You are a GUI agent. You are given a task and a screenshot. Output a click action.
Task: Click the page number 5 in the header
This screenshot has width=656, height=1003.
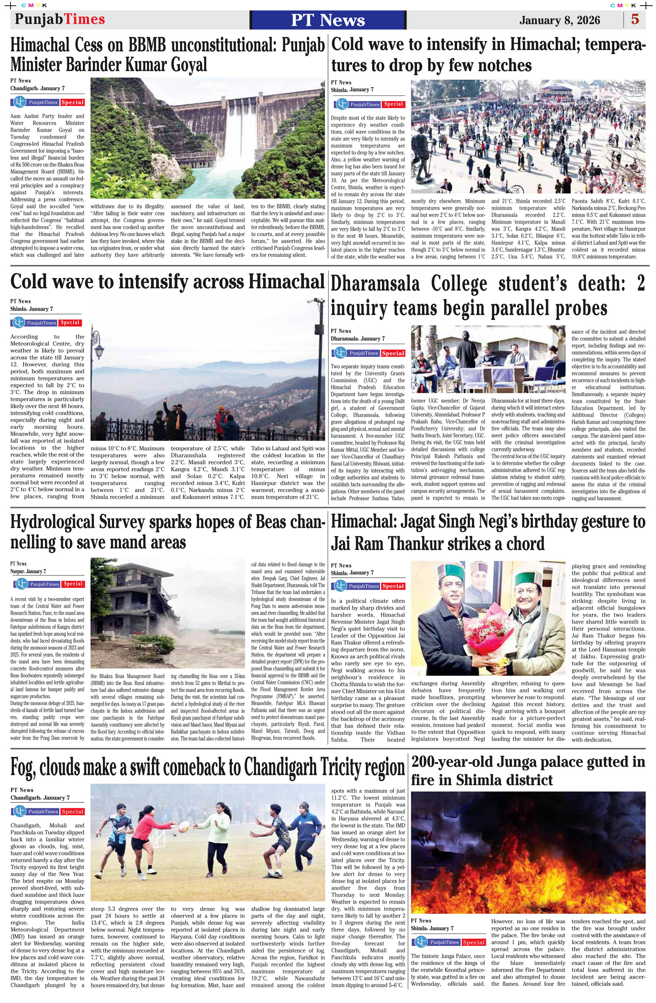(x=635, y=19)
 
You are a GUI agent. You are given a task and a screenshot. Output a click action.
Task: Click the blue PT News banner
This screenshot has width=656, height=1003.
(x=328, y=20)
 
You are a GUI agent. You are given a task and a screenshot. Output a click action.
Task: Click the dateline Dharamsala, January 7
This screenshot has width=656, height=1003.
(x=358, y=339)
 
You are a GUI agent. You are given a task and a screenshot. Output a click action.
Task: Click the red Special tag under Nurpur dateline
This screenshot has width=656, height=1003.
(x=73, y=584)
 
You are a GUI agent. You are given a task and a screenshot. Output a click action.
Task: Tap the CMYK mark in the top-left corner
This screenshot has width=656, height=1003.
(x=34, y=5)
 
